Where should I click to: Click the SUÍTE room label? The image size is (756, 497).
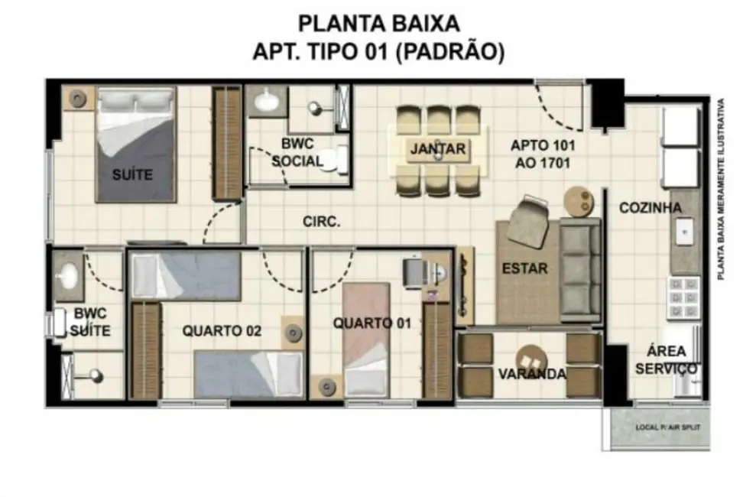tap(132, 174)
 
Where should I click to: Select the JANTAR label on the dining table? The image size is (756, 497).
tap(437, 148)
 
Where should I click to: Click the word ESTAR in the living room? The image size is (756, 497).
tap(524, 268)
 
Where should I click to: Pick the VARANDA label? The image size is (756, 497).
tap(532, 374)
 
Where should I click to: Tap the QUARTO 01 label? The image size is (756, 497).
tap(372, 323)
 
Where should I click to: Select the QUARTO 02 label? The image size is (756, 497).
tap(222, 331)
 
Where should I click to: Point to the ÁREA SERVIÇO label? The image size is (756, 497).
tap(661, 360)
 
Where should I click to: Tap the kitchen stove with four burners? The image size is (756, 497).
tap(683, 297)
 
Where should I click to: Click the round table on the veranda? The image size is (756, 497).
tap(530, 358)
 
